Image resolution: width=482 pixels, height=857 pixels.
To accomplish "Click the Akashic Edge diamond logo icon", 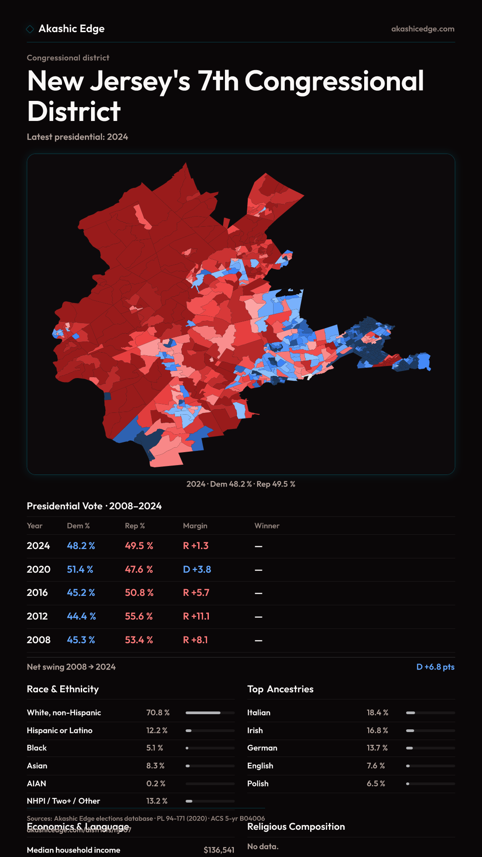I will (30, 29).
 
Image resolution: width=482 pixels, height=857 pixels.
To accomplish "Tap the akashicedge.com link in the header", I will (423, 29).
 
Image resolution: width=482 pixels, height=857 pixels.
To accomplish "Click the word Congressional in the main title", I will (334, 81).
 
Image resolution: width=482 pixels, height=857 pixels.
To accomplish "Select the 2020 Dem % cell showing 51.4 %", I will (80, 570).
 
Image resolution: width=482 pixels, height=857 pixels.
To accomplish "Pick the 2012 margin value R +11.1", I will (196, 616).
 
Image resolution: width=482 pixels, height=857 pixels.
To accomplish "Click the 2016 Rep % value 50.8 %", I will (139, 593).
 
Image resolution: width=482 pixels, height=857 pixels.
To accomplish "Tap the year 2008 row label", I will (38, 640).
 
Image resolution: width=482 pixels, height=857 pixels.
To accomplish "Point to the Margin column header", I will (195, 526).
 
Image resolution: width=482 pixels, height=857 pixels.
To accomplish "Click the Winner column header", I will (267, 526).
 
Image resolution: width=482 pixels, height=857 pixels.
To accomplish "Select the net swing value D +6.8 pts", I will (435, 667).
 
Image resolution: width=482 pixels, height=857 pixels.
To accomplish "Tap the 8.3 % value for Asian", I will (155, 766).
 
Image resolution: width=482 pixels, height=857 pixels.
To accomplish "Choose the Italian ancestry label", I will (259, 713).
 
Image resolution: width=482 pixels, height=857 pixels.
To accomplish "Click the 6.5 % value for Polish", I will (376, 784).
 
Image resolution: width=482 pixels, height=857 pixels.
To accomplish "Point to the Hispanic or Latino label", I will (59, 731).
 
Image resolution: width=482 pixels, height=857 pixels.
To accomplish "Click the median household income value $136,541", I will (219, 850).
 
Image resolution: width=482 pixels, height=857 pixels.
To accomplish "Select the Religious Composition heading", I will (296, 827).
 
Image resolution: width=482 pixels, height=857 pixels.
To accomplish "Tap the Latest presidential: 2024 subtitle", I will (77, 137).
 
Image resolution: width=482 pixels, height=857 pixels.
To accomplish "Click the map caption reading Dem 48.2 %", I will (231, 484).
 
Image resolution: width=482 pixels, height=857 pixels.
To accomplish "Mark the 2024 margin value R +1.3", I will (195, 546).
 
